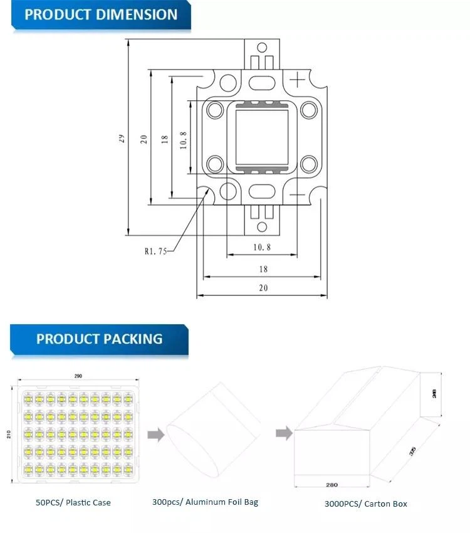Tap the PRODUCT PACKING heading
click(x=99, y=339)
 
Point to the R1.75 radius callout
click(x=155, y=252)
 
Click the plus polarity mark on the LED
click(x=298, y=78)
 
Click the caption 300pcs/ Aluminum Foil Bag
click(x=205, y=502)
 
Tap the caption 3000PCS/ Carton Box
click(x=365, y=503)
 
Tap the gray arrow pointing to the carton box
click(x=284, y=432)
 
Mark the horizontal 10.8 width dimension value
click(x=262, y=247)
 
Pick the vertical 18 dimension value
click(x=165, y=139)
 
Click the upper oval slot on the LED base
click(x=261, y=82)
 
